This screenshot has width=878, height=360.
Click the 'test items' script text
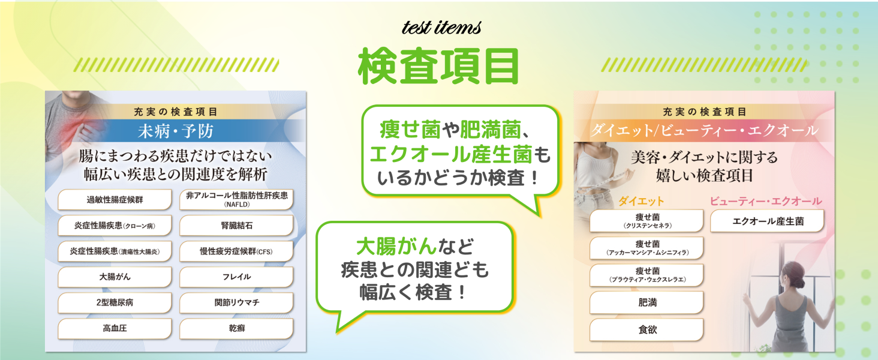tap(441, 28)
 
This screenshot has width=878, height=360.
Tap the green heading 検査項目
tap(438, 67)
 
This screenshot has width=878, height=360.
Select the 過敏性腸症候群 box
tap(115, 200)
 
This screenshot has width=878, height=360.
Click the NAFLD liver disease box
tap(236, 199)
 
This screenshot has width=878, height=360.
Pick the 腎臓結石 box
tap(236, 226)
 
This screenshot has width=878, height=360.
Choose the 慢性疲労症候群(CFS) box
tap(236, 251)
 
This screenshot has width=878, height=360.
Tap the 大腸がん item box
tap(115, 277)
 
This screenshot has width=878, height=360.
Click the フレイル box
tap(236, 277)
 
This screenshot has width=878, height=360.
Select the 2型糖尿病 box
tap(115, 303)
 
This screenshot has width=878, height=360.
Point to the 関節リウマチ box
tap(236, 303)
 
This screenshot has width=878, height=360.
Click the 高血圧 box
tap(115, 329)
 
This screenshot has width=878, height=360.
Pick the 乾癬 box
tap(236, 329)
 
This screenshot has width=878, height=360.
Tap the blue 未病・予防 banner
tap(175, 131)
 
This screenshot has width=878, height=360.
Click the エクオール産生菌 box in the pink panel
tap(767, 221)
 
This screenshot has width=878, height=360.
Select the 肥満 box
tap(647, 303)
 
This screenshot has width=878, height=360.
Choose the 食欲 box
tap(647, 329)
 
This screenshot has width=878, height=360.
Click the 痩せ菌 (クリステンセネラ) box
tap(647, 221)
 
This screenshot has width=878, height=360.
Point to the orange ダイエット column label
tap(641, 201)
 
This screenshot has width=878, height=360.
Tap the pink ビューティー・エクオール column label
tap(766, 201)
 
